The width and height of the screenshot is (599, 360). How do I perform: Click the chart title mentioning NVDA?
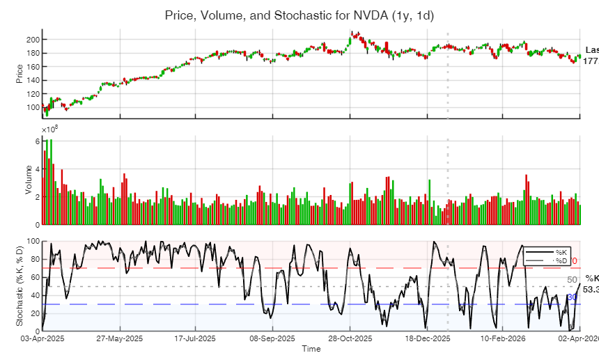coord(299,15)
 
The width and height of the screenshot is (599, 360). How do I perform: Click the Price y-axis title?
coord(20,73)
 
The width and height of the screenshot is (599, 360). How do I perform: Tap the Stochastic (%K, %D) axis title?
coord(20,286)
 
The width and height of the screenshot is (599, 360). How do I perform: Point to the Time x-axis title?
coord(311,349)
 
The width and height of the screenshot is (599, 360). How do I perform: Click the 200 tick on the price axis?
coord(32,40)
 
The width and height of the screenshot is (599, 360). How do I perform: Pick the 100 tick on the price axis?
coord(32,107)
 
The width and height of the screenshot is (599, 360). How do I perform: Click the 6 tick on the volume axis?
coord(37,141)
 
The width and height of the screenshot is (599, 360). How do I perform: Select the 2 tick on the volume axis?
coord(37,197)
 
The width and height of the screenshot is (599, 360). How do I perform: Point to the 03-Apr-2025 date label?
coord(43,338)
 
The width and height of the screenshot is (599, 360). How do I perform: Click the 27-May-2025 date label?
coord(120,338)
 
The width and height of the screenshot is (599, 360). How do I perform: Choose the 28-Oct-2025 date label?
coord(348,338)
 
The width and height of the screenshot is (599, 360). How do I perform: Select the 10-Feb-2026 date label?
coord(503,338)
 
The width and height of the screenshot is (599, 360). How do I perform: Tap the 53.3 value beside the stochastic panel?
coord(591,289)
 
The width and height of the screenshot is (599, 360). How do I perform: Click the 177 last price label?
coord(591,61)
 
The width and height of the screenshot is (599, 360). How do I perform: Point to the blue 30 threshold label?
coord(572,297)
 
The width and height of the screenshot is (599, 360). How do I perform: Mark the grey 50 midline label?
coord(572,280)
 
